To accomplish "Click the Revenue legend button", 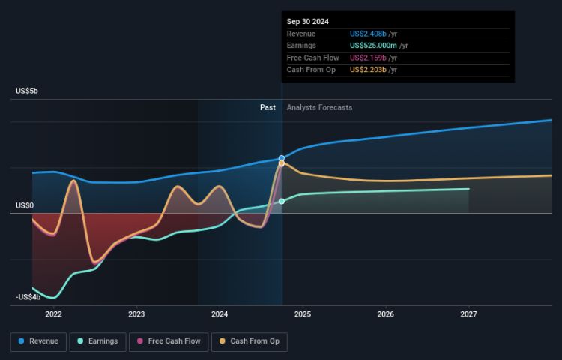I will click(39, 341).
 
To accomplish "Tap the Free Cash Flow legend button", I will click(166, 341).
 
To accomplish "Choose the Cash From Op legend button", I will click(250, 341).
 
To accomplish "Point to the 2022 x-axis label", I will click(53, 313).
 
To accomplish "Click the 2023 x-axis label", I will click(136, 313).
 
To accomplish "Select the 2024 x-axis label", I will click(220, 313).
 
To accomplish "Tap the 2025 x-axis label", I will click(303, 313).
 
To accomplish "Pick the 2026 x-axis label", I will click(386, 313).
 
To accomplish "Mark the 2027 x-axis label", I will click(469, 313).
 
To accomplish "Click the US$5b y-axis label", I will click(27, 91).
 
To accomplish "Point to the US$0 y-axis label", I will click(25, 205).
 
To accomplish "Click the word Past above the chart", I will click(268, 107).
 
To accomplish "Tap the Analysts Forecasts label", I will click(319, 107).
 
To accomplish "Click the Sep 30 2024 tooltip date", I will click(307, 22).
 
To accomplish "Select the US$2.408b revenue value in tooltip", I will click(367, 34).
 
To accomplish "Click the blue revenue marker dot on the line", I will click(282, 159).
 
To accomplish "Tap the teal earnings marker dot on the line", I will click(282, 201).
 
